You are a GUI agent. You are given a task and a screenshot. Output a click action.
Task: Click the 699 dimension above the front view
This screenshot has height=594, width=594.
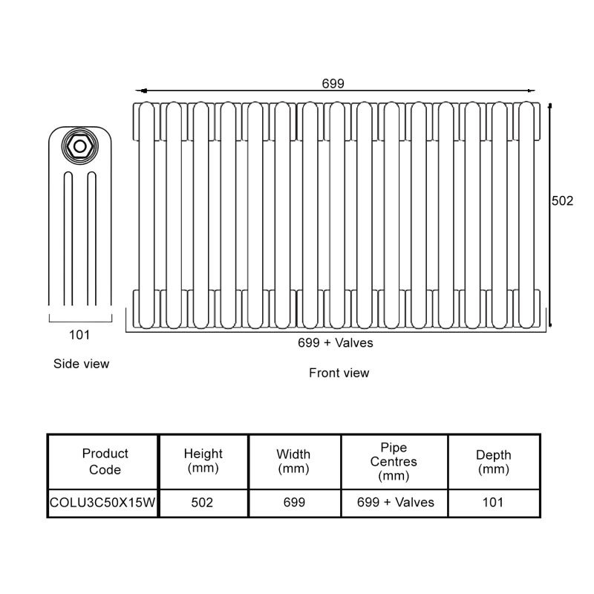333,83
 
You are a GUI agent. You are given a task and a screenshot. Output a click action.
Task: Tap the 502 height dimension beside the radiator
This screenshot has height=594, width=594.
562,200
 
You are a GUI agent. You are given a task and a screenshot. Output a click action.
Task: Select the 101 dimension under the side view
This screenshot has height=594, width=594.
79,335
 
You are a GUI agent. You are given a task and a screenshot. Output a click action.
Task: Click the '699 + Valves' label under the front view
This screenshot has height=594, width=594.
336,343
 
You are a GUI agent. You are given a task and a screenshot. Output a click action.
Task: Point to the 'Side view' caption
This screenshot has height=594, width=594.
81,364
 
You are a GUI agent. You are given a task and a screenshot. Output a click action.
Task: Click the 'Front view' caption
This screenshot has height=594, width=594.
339,373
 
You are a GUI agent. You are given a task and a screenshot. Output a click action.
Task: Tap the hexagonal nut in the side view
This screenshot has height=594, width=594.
80,146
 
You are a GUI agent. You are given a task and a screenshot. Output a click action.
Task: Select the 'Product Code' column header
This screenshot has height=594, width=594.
105,461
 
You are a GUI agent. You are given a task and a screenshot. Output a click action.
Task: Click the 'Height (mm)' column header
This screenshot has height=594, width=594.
203,460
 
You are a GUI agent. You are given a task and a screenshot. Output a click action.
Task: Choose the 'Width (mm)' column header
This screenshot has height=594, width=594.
293,461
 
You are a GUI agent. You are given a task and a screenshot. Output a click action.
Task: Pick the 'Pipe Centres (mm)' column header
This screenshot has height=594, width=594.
394,461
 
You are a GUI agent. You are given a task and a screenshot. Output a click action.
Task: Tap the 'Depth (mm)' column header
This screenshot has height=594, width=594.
494,461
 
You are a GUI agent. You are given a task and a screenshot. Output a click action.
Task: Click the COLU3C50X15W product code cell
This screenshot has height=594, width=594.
102,503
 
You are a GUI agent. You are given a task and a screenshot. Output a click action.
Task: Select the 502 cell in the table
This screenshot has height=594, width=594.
202,503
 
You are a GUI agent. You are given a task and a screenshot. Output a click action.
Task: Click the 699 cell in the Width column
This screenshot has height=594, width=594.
294,503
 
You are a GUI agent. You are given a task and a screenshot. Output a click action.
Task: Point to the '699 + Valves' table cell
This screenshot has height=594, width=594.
396,503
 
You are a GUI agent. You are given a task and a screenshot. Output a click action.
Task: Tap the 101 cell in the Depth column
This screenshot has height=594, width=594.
493,503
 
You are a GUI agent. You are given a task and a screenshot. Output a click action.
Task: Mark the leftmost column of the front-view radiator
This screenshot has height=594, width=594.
146,215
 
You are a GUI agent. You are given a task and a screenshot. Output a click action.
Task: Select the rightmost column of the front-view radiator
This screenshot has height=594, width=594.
526,215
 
